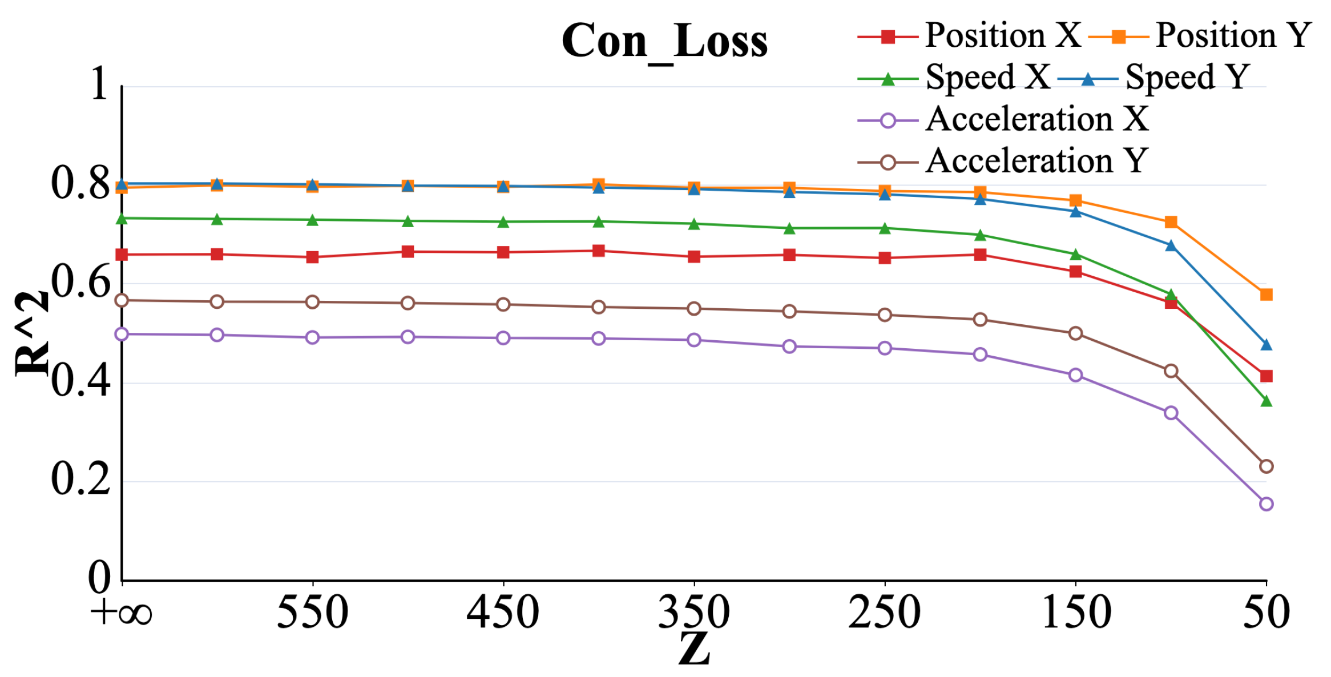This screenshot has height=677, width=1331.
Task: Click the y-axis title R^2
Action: (32, 334)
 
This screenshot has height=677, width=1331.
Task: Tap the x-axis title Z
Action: (694, 650)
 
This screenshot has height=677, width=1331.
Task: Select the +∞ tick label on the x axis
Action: (121, 612)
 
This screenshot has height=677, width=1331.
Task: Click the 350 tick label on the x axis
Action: (694, 612)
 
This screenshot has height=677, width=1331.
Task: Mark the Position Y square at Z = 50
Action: (1266, 295)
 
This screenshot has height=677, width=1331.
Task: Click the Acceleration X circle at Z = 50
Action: (1266, 504)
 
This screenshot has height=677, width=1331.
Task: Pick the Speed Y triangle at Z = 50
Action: (1266, 345)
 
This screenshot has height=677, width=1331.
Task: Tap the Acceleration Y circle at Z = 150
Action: (1075, 333)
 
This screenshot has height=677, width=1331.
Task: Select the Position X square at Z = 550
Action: (312, 257)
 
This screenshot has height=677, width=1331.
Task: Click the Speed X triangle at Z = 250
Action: (885, 228)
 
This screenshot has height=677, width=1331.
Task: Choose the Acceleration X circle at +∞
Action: (122, 334)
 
